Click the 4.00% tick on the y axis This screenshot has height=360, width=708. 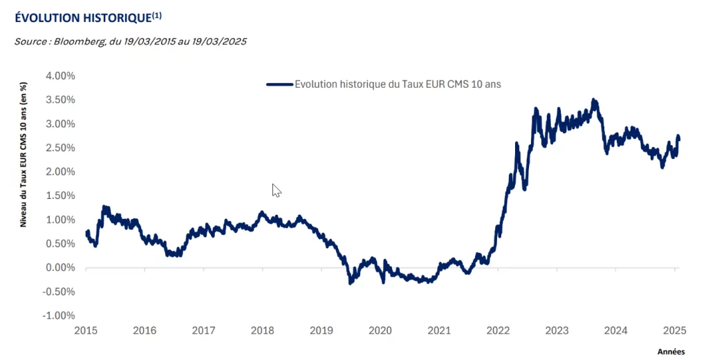click(61, 75)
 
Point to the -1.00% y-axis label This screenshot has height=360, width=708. click(59, 316)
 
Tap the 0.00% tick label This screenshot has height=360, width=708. click(61, 268)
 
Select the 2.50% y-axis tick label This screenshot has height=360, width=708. click(61, 148)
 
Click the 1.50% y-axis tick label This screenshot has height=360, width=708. click(61, 196)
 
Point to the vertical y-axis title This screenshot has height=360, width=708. click(23, 155)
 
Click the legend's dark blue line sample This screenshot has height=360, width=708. click(279, 84)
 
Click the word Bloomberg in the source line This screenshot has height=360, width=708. click(79, 41)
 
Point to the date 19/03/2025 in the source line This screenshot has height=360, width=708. click(221, 41)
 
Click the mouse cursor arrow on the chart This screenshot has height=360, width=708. click(276, 190)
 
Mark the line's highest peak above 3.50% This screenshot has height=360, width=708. click(593, 100)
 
